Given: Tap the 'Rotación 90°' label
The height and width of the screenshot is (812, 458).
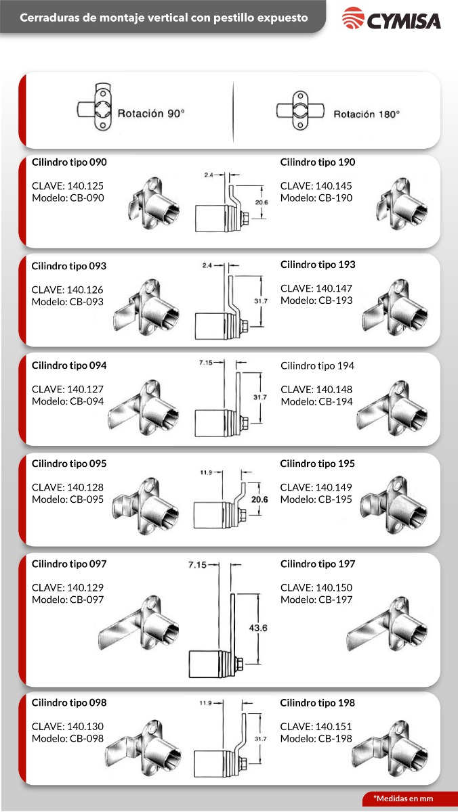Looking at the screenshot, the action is [x=151, y=114].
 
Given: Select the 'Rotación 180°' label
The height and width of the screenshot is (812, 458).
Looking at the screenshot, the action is [x=367, y=114].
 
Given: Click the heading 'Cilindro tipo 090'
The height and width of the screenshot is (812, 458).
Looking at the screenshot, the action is [x=69, y=162].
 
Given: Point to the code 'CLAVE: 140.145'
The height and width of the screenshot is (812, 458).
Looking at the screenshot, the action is [x=316, y=185].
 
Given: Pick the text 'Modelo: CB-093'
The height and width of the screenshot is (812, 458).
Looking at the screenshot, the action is [x=68, y=302].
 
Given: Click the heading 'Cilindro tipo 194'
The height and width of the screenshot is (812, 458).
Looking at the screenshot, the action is [x=317, y=366].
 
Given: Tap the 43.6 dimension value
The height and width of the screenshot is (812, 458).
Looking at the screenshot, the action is [x=258, y=627].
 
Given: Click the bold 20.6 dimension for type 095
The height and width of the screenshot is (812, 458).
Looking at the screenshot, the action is [x=259, y=499].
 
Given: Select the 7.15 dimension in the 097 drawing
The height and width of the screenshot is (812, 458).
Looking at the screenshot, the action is [x=197, y=565].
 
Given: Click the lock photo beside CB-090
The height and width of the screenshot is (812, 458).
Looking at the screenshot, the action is [x=154, y=204].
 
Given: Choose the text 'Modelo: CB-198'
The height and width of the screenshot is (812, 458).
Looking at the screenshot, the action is [x=316, y=738].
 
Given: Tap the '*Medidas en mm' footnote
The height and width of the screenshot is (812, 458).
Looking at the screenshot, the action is [x=403, y=798].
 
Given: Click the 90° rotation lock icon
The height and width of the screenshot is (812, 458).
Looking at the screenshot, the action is [x=94, y=107].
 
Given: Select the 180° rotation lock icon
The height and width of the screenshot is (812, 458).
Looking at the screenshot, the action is [x=300, y=110].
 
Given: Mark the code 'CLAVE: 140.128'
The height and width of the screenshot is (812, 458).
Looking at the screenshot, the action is [x=68, y=487].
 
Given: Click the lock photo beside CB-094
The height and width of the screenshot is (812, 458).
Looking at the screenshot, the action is [x=144, y=408].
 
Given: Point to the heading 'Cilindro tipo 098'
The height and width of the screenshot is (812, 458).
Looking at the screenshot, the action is [x=69, y=702].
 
